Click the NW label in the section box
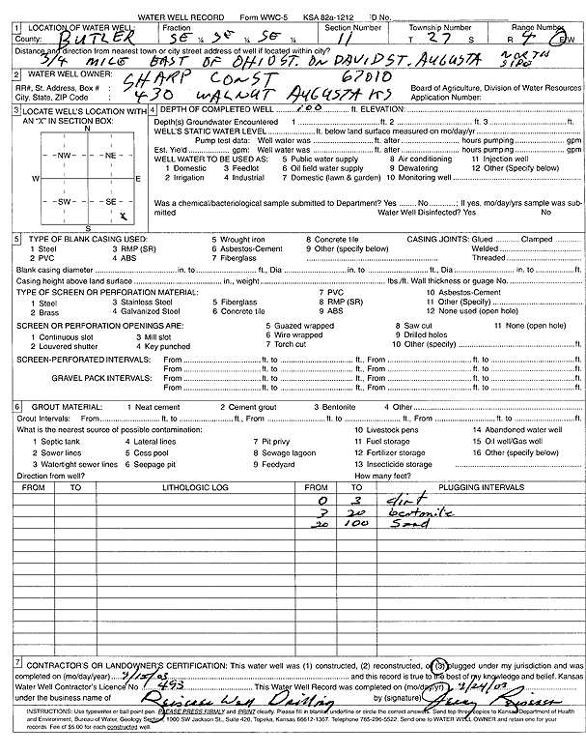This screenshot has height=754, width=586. coord(66,155)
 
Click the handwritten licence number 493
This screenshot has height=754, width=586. coord(106,681)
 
